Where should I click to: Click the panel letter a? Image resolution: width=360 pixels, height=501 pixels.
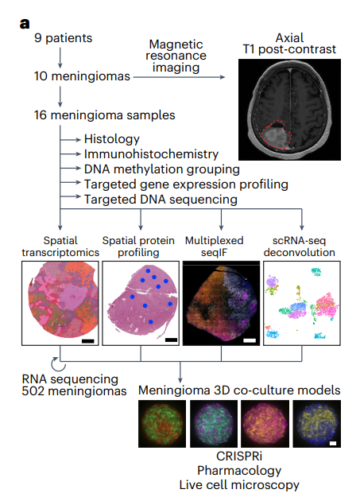pos(25,23)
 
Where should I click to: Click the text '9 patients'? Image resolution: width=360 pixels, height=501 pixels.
pos(64,38)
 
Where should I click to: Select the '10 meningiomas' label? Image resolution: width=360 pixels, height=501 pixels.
pos(82,76)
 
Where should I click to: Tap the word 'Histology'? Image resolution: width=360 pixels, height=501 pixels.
pos(112,139)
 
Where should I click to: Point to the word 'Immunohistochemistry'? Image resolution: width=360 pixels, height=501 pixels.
pos(152,154)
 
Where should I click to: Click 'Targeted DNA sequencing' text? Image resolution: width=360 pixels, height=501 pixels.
pos(161,200)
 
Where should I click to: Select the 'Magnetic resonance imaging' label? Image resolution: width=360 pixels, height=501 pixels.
pos(176,56)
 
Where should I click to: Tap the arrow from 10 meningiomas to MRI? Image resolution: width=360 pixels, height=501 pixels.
pos(179,77)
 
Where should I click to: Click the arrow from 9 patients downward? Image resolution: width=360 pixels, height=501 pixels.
pos(60,58)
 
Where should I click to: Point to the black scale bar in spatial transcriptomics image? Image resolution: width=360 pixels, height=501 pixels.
pos(88,341)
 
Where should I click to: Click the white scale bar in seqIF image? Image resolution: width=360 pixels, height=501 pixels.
pos(250,340)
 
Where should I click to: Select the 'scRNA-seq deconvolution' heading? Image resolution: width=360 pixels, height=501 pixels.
pos(300,247)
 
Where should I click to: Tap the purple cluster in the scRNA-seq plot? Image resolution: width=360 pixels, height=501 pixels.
pos(272,282)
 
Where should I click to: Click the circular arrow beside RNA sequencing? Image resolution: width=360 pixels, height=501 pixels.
pos(58,364)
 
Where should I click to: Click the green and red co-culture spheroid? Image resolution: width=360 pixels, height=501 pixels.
pos(162,424)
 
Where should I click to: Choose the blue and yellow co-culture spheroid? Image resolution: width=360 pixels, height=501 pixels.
pos(316,424)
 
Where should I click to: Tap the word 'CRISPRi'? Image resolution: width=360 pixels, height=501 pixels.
pos(239,456)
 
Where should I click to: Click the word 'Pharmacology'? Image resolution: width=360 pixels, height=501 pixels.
pos(239,471)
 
